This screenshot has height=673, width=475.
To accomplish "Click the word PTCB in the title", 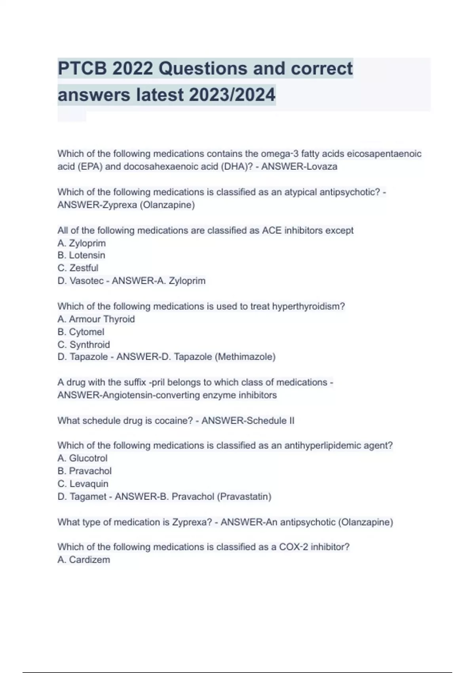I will click(83, 68).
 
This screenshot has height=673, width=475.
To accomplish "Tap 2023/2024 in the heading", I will click(232, 95).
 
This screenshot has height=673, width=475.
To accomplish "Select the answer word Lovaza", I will click(322, 167).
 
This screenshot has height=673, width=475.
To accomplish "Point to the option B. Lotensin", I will click(82, 255).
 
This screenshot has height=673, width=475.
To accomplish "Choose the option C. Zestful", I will click(78, 268).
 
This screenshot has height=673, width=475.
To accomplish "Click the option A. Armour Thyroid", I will click(96, 319).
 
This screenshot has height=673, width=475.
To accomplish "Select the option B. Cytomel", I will click(81, 332).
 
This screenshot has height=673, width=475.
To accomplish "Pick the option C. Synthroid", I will click(84, 344).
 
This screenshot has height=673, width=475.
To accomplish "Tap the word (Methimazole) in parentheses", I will click(245, 357).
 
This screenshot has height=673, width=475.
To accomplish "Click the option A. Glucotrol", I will click(82, 458).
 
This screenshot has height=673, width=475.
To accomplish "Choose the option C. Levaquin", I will click(83, 484).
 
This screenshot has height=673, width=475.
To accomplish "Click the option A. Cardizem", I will click(84, 560).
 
